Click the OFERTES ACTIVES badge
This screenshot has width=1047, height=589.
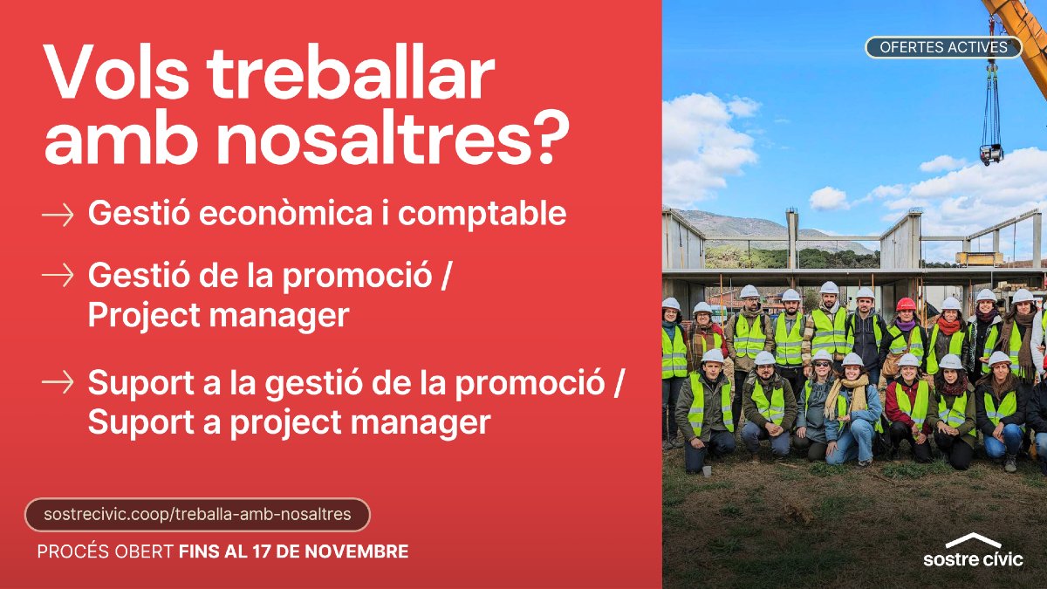tap(943, 47)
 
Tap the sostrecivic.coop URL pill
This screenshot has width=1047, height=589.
tap(197, 515)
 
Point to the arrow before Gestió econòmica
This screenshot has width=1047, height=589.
tap(58, 214)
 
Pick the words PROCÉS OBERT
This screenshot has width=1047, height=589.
tap(106, 552)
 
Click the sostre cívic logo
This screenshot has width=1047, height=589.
tap(973, 551)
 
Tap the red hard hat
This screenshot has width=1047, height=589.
tap(906, 305)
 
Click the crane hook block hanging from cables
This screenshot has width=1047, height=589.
tap(990, 154)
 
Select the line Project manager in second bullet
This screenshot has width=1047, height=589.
tap(218, 316)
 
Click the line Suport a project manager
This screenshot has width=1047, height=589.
tap(289, 423)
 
